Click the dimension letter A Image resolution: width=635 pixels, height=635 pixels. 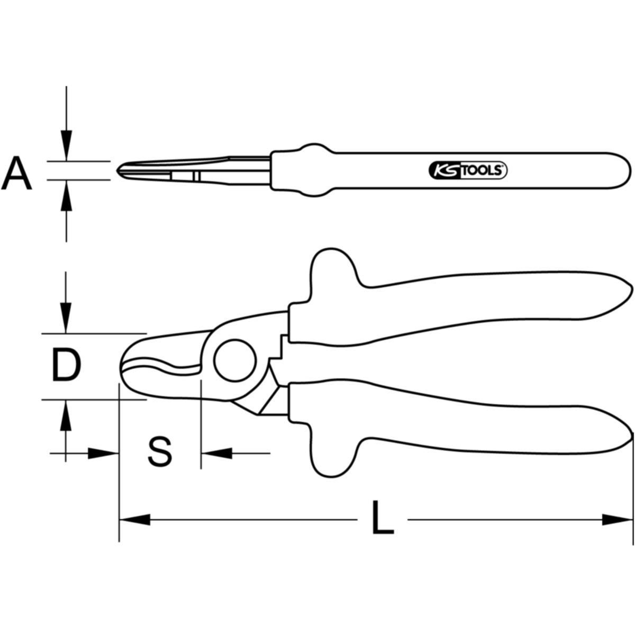tap(16, 173)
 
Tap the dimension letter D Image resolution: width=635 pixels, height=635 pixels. tap(66, 366)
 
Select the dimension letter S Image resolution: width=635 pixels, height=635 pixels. tap(160, 451)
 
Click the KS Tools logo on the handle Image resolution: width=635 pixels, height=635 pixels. tap(468, 170)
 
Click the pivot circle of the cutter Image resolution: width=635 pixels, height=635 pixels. tap(235, 361)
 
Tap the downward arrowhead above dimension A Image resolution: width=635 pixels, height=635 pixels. tap(66, 146)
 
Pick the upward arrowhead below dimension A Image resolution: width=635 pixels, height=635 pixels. tap(66, 196)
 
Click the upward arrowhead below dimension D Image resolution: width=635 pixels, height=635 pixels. tap(66, 415)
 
